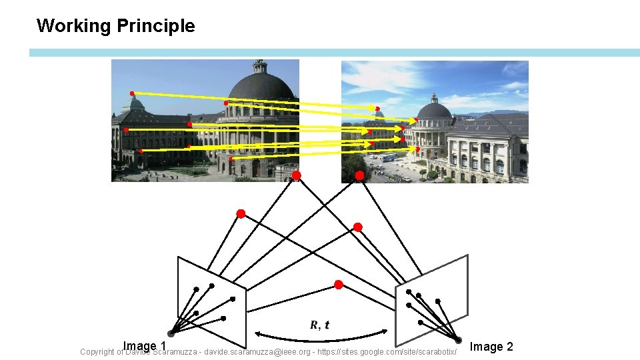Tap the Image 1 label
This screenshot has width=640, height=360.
[x=144, y=346]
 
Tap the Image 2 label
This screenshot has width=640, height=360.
[x=491, y=347]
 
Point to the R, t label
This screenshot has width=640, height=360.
[x=319, y=325]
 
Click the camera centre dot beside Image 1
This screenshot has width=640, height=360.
[x=171, y=334]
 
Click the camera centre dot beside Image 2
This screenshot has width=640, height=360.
[x=457, y=340]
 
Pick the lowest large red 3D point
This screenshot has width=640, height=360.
[x=339, y=285]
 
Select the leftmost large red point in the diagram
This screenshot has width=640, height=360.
[x=241, y=214]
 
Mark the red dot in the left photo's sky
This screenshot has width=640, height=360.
[x=132, y=93]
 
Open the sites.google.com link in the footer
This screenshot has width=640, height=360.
[x=387, y=351]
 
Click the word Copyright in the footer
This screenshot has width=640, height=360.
[x=97, y=352]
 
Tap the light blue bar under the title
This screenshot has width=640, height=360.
[x=333, y=53]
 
